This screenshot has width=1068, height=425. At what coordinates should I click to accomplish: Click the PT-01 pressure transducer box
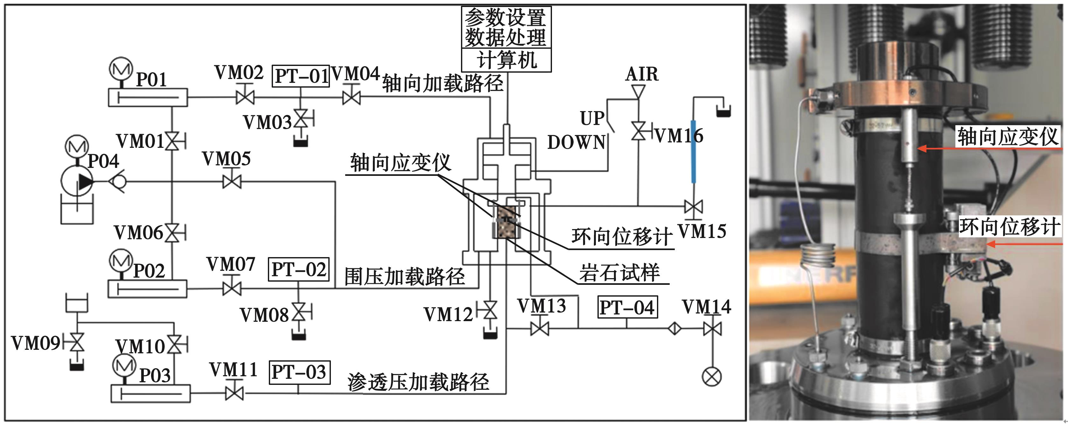[x=301, y=76]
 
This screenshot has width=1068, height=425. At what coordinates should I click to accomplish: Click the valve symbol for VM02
[x=245, y=97]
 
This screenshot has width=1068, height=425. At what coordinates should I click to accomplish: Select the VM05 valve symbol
[x=232, y=181]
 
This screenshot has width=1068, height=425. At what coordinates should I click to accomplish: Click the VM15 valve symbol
[x=693, y=206]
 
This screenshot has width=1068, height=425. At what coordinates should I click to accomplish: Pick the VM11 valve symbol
[x=234, y=393]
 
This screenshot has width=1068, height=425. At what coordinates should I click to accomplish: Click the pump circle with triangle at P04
[x=77, y=181]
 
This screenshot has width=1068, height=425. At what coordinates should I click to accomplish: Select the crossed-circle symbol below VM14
[x=711, y=377]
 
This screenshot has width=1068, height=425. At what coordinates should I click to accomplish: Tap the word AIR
[x=641, y=74]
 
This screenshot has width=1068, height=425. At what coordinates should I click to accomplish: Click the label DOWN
[x=576, y=143]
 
